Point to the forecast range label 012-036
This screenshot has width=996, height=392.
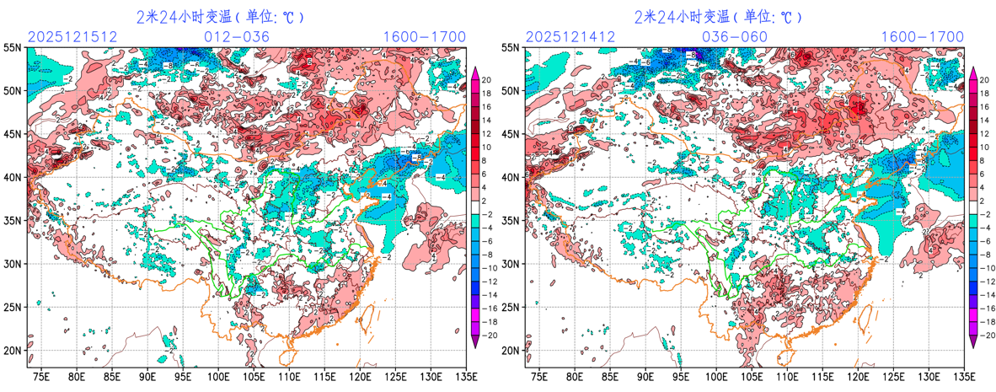click(237, 37)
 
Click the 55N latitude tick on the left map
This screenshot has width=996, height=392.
click(13, 48)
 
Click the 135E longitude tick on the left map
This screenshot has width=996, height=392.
click(464, 376)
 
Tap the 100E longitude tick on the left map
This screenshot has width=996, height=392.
click(219, 376)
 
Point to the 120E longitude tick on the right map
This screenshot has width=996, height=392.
click(858, 376)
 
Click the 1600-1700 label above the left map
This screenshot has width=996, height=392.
click(425, 37)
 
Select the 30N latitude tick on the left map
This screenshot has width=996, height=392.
click(13, 264)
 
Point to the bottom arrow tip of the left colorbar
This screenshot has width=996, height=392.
click(474, 345)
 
